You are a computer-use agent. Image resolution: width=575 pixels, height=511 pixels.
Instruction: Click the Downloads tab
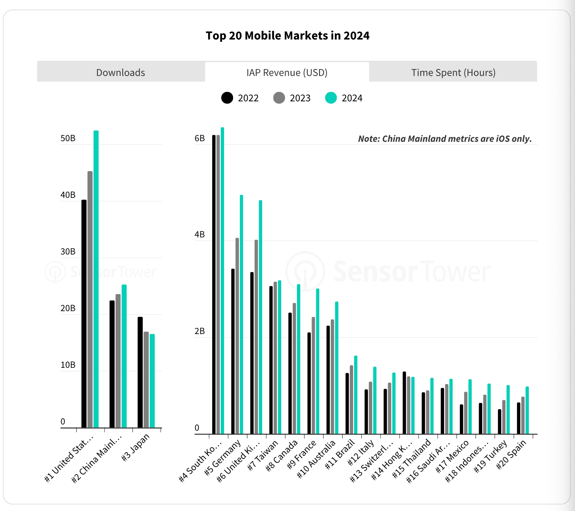[x=121, y=73]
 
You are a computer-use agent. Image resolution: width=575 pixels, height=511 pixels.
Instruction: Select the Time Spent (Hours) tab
[x=453, y=73]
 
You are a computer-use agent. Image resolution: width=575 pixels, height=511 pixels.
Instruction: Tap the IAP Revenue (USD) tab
[x=287, y=73]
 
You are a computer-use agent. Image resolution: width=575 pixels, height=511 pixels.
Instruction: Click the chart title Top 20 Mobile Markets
[x=287, y=36]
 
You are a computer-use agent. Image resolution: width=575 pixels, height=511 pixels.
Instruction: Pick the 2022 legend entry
[x=240, y=98]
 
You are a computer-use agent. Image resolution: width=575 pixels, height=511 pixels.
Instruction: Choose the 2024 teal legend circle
[x=331, y=98]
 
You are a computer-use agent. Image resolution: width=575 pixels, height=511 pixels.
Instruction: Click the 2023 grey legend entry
[x=292, y=98]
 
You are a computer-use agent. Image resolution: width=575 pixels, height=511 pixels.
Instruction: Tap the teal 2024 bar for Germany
[x=241, y=315]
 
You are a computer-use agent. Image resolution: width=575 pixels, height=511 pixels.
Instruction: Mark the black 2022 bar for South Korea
[x=214, y=284]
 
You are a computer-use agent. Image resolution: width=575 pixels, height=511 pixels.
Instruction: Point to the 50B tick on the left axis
[x=68, y=138]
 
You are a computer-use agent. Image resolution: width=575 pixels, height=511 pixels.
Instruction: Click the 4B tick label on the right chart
[x=200, y=235]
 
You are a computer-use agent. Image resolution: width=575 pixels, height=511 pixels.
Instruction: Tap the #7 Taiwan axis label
[x=263, y=455]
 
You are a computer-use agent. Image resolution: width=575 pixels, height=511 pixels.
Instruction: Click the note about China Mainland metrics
[x=444, y=139]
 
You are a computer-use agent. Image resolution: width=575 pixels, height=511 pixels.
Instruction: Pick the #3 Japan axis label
[x=136, y=447]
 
